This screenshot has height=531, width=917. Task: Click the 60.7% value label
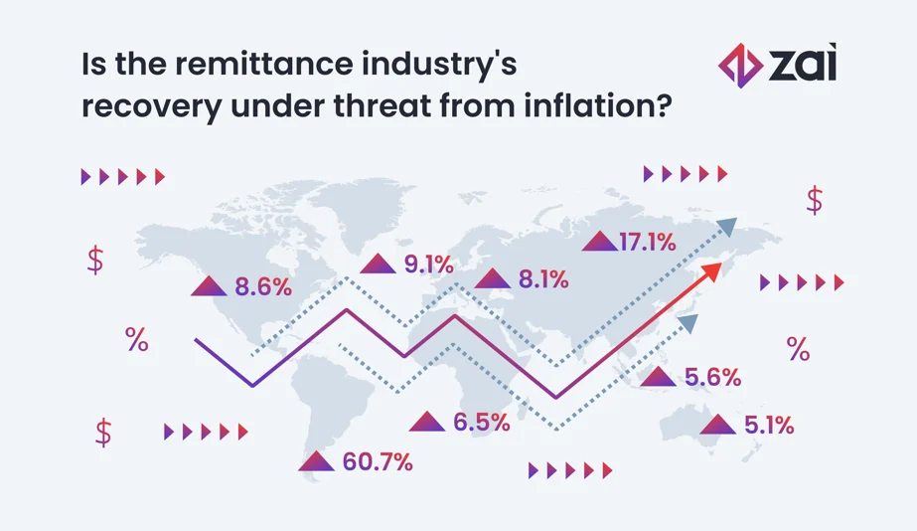coord(378,462)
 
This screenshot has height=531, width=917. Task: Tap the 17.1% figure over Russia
coord(647,241)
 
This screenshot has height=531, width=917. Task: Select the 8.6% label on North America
coord(263,288)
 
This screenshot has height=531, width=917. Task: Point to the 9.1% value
coord(428,265)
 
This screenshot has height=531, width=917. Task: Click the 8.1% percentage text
coord(542,280)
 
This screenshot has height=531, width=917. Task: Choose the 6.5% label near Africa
coord(482,423)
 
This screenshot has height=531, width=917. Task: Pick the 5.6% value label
coord(713,378)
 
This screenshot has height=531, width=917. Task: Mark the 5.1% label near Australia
coord(768,427)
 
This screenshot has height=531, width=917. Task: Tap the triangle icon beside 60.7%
coord(316,461)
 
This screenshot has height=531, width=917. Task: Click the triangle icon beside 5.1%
coord(717,426)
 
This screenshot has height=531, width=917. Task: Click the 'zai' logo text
coord(803,66)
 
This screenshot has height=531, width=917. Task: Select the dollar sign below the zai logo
coord(815,201)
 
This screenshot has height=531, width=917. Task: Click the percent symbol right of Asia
coord(798,349)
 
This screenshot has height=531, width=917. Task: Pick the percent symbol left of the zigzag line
coord(136,340)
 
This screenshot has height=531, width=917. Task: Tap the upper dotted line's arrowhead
coord(728,227)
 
